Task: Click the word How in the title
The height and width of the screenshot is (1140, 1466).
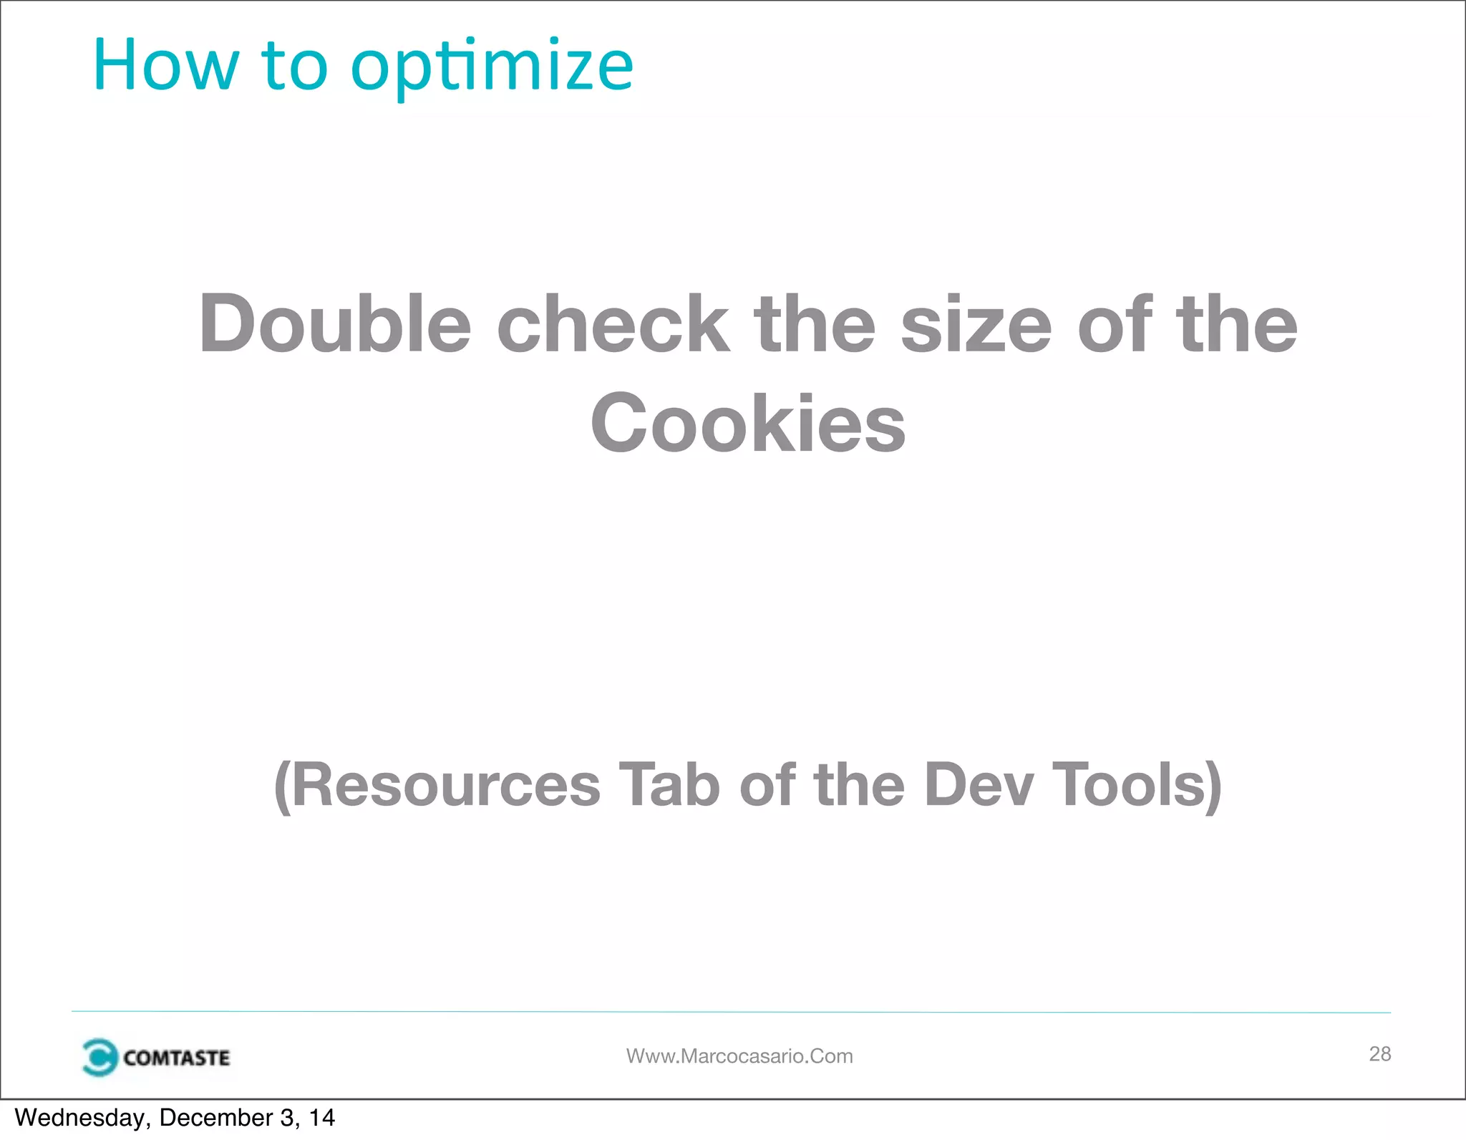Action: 165,66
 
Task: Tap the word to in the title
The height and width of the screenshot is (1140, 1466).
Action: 294,66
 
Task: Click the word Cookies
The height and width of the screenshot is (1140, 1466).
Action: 748,424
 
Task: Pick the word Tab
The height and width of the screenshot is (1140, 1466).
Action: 669,785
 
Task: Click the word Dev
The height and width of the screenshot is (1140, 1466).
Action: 979,785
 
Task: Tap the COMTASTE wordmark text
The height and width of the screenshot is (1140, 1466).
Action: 176,1058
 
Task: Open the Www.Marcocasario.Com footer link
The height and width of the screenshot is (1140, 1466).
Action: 739,1056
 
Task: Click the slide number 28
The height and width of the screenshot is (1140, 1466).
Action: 1379,1053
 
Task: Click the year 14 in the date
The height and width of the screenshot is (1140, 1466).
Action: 321,1118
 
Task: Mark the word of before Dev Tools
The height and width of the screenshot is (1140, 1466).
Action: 767,785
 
